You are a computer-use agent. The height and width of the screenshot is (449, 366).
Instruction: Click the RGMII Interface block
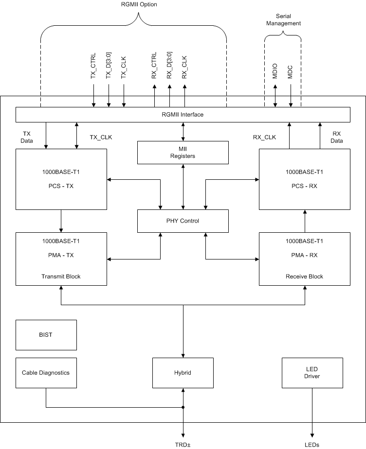pos(183,115)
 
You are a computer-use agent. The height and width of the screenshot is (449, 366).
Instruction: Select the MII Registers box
pos(183,153)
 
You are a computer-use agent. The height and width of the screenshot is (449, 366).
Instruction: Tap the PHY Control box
pos(183,221)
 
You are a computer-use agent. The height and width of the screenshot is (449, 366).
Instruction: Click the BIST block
pos(46,335)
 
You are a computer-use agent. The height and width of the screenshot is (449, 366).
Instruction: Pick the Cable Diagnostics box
pos(46,373)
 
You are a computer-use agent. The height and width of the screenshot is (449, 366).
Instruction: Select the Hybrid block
pos(183,373)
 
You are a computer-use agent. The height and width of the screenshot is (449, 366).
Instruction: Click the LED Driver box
pos(312,373)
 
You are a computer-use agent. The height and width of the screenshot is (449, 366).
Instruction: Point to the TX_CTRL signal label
pos(93,66)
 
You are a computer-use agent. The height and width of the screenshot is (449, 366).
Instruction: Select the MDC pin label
pos(291,72)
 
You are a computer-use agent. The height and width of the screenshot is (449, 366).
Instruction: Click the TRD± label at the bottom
pos(183,444)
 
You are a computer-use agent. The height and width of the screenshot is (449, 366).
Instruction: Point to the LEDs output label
pos(312,444)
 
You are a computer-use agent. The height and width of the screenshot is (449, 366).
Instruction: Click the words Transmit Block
pos(61,276)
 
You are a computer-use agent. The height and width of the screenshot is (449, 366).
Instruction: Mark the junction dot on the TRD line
pos(183,407)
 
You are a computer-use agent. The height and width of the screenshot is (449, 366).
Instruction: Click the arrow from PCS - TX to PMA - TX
pos(61,221)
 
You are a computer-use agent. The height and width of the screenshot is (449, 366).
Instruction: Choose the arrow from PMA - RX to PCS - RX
pos(305,221)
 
